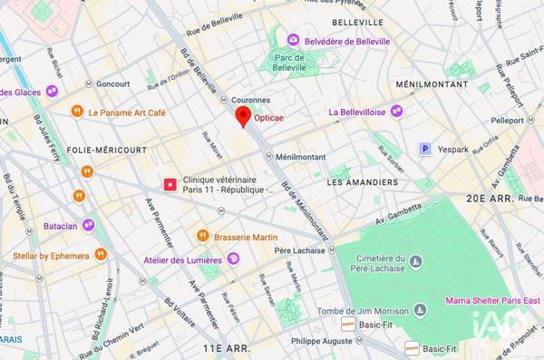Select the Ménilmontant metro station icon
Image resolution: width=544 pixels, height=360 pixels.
coord(269,156)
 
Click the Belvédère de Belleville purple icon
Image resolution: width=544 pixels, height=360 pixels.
coord(293,41)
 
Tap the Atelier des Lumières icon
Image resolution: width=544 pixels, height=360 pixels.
coord(234,260)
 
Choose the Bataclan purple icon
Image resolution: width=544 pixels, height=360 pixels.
coord(88,224)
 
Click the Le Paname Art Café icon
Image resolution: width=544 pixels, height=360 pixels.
coord(77,112)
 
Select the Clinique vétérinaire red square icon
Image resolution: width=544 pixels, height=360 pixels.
coord(170,184)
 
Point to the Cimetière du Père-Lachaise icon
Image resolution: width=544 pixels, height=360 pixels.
coord(415,262)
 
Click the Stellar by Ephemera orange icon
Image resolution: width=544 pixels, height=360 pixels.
coord(102,256)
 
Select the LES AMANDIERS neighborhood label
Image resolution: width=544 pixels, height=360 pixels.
coord(362,182)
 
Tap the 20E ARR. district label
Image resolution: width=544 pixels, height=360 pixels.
coord(501,199)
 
